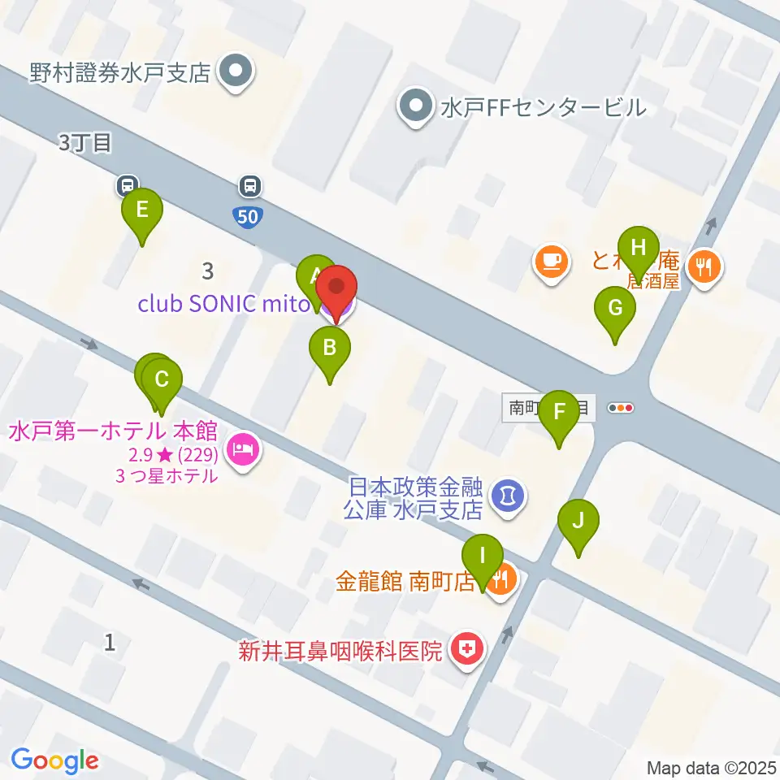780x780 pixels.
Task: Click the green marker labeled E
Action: [141, 211]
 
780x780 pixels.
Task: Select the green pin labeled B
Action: [329, 349]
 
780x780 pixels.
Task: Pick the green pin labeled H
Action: [639, 247]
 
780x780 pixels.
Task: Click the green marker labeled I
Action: [483, 557]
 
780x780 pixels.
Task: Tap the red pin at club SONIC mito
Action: [336, 288]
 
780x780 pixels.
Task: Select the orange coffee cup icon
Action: [551, 262]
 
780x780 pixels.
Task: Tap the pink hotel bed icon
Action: [243, 446]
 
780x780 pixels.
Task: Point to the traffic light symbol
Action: [621, 408]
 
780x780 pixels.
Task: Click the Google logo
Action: [54, 760]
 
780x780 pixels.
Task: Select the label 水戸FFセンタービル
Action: [543, 106]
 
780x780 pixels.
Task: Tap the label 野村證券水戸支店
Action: [120, 73]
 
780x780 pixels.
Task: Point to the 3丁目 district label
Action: [84, 144]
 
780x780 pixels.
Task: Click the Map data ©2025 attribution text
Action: [711, 767]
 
